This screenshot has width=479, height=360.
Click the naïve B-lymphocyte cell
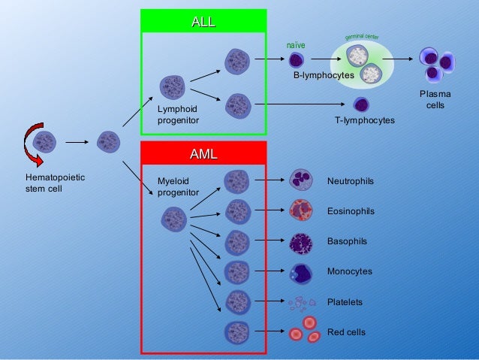click(x=297, y=61)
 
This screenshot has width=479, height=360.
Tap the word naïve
click(x=297, y=46)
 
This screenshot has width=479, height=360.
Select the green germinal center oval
click(x=361, y=62)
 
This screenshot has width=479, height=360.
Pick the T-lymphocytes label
click(x=364, y=120)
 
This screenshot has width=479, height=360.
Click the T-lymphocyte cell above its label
click(x=362, y=104)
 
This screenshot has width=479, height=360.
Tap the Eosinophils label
click(x=351, y=212)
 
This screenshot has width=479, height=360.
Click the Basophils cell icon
click(x=300, y=242)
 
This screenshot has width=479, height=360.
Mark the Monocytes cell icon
click(x=300, y=272)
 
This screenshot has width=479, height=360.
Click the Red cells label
click(x=346, y=332)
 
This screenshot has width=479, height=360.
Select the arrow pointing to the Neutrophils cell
click(x=269, y=180)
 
